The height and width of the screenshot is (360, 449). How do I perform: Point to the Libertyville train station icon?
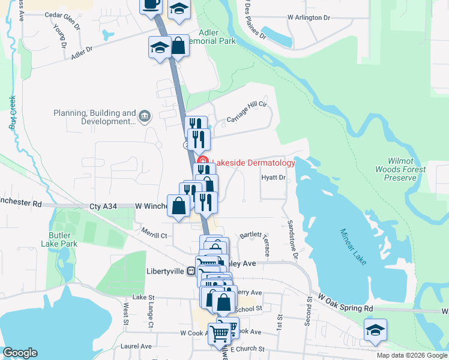coord(191,271)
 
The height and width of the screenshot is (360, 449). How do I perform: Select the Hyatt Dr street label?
coord(273,178)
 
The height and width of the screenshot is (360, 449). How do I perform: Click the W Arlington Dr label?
coord(309,17)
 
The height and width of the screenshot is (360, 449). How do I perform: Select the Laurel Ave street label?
coord(136,346)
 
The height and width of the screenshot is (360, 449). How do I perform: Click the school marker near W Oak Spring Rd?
coord(375,329)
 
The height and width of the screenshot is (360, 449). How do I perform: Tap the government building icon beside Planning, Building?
coord(144,116)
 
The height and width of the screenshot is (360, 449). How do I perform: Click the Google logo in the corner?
coord(20,353)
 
